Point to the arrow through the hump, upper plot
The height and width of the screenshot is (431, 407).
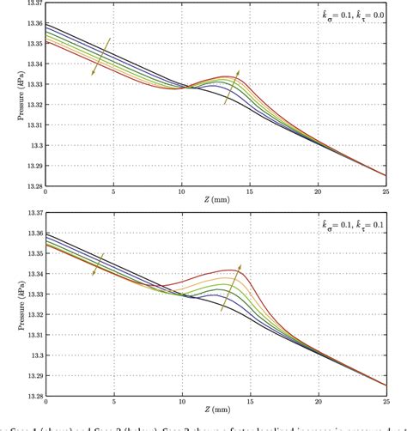233,87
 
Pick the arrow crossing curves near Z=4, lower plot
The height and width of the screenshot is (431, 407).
97,264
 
